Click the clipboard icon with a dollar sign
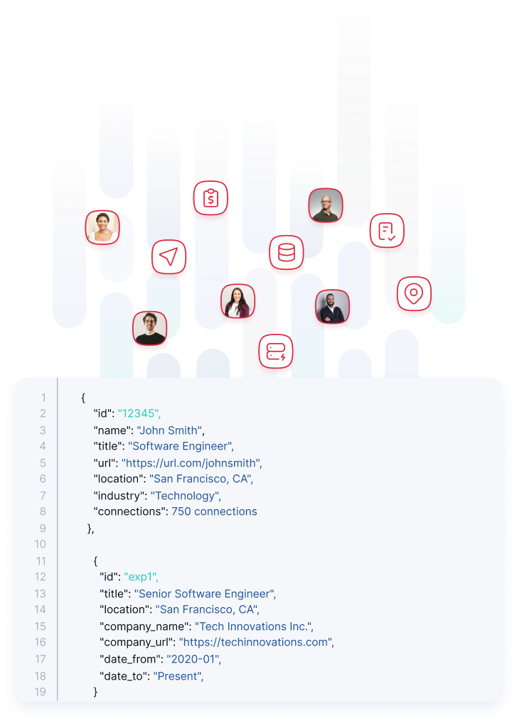210,198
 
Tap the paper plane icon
169,256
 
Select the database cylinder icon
286,252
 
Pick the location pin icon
413,293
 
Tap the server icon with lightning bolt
275,351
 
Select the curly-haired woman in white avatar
102,228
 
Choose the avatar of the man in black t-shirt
150,328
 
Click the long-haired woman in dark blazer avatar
237,301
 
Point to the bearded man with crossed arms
332,307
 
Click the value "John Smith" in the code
169,430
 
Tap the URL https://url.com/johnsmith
191,462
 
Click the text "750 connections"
214,511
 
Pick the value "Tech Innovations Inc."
254,626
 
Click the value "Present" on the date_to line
178,675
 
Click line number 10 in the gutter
40,544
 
